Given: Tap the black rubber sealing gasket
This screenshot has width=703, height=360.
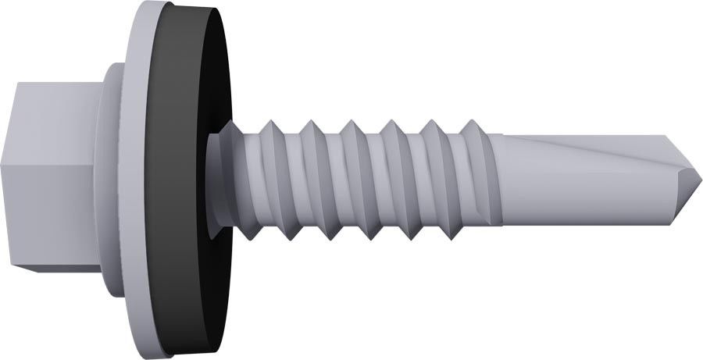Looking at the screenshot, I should tap(191, 180).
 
